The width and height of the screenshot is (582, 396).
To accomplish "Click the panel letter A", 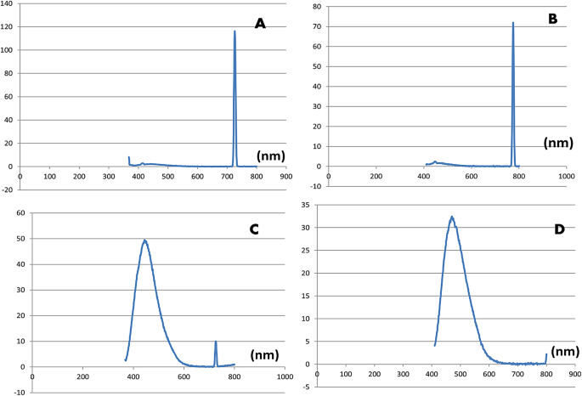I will (261, 24).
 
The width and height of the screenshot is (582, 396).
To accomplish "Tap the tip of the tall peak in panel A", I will (234, 31).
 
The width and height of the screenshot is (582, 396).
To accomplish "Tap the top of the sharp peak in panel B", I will (513, 23).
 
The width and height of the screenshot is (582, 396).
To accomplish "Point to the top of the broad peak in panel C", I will (145, 240).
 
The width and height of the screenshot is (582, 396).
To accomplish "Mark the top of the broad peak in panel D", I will (452, 217).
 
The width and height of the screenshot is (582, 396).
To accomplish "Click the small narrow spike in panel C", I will (216, 342).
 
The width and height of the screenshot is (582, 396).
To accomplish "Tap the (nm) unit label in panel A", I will (270, 156).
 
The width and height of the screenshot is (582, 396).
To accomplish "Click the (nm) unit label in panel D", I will (565, 351).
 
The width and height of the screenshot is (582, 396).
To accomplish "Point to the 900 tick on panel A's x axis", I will (285, 176).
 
